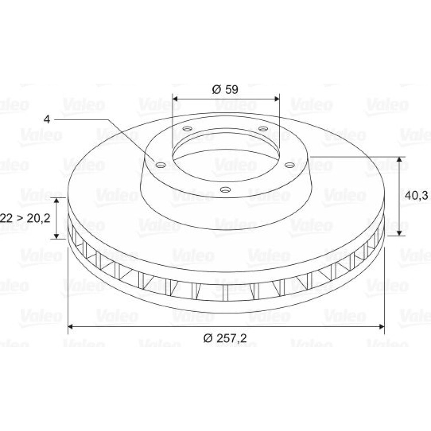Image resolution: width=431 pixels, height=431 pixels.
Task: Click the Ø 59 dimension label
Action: pos(225,90)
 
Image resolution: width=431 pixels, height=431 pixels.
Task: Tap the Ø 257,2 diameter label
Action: pos(225,338)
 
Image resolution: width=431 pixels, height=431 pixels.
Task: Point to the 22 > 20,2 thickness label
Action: pos(25,210)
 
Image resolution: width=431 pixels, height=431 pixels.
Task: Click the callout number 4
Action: pos(47,119)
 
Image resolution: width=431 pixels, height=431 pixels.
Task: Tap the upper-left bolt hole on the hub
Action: pos(188,128)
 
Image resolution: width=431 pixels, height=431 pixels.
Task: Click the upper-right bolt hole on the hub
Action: pos(263,128)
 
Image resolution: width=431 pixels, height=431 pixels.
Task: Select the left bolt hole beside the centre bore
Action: pos(160,165)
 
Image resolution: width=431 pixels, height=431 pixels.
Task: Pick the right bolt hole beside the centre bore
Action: pos(290,165)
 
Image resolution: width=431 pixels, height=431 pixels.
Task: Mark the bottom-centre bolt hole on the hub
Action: pos(225,189)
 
